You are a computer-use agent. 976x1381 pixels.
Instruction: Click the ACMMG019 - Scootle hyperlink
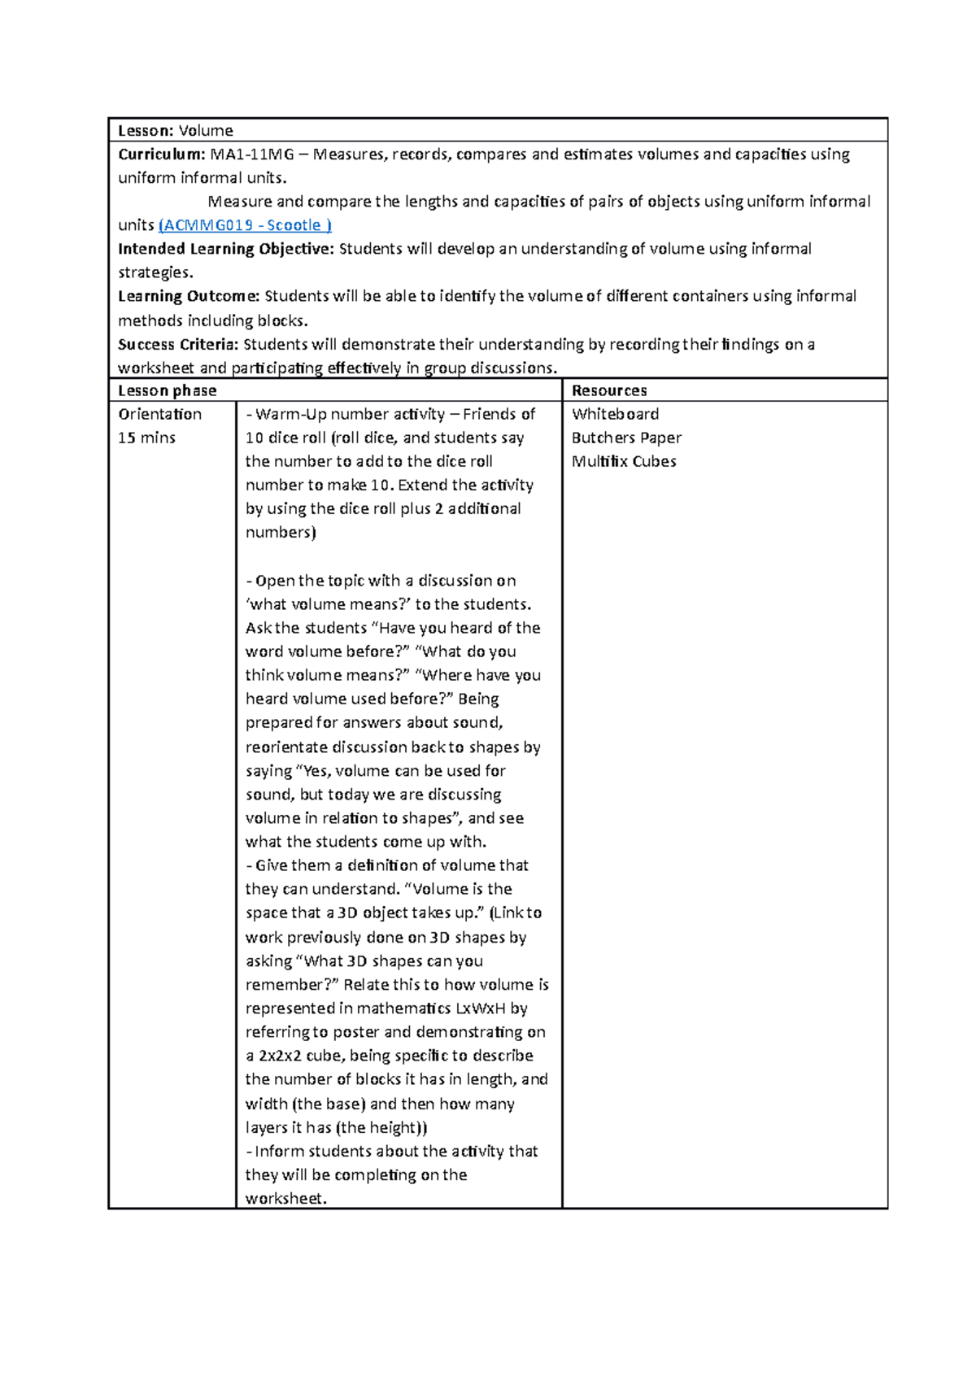click(x=245, y=225)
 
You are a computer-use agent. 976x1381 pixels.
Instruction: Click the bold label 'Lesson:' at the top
click(x=146, y=131)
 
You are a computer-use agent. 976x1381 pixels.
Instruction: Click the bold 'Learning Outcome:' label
click(x=189, y=296)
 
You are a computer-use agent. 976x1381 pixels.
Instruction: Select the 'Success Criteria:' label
click(x=178, y=344)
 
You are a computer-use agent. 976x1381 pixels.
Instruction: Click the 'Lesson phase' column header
click(x=168, y=390)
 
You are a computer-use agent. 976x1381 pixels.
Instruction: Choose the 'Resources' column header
click(x=609, y=390)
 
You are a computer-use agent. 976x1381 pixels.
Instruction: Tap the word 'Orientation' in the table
click(x=160, y=414)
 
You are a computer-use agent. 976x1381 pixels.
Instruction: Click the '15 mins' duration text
click(x=147, y=438)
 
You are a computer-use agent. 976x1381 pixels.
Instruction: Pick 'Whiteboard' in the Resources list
click(x=615, y=414)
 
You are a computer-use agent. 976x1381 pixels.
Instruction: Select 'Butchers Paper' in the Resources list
click(x=626, y=438)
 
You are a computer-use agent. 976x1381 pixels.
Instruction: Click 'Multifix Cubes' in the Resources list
click(x=624, y=461)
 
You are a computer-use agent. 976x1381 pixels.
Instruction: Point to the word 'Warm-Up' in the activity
click(x=290, y=414)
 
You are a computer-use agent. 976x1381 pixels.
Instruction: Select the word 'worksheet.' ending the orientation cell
click(x=285, y=1198)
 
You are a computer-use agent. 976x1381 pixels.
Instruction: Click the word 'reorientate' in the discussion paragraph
click(x=286, y=747)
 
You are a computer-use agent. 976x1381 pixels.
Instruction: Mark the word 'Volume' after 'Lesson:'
click(x=206, y=131)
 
